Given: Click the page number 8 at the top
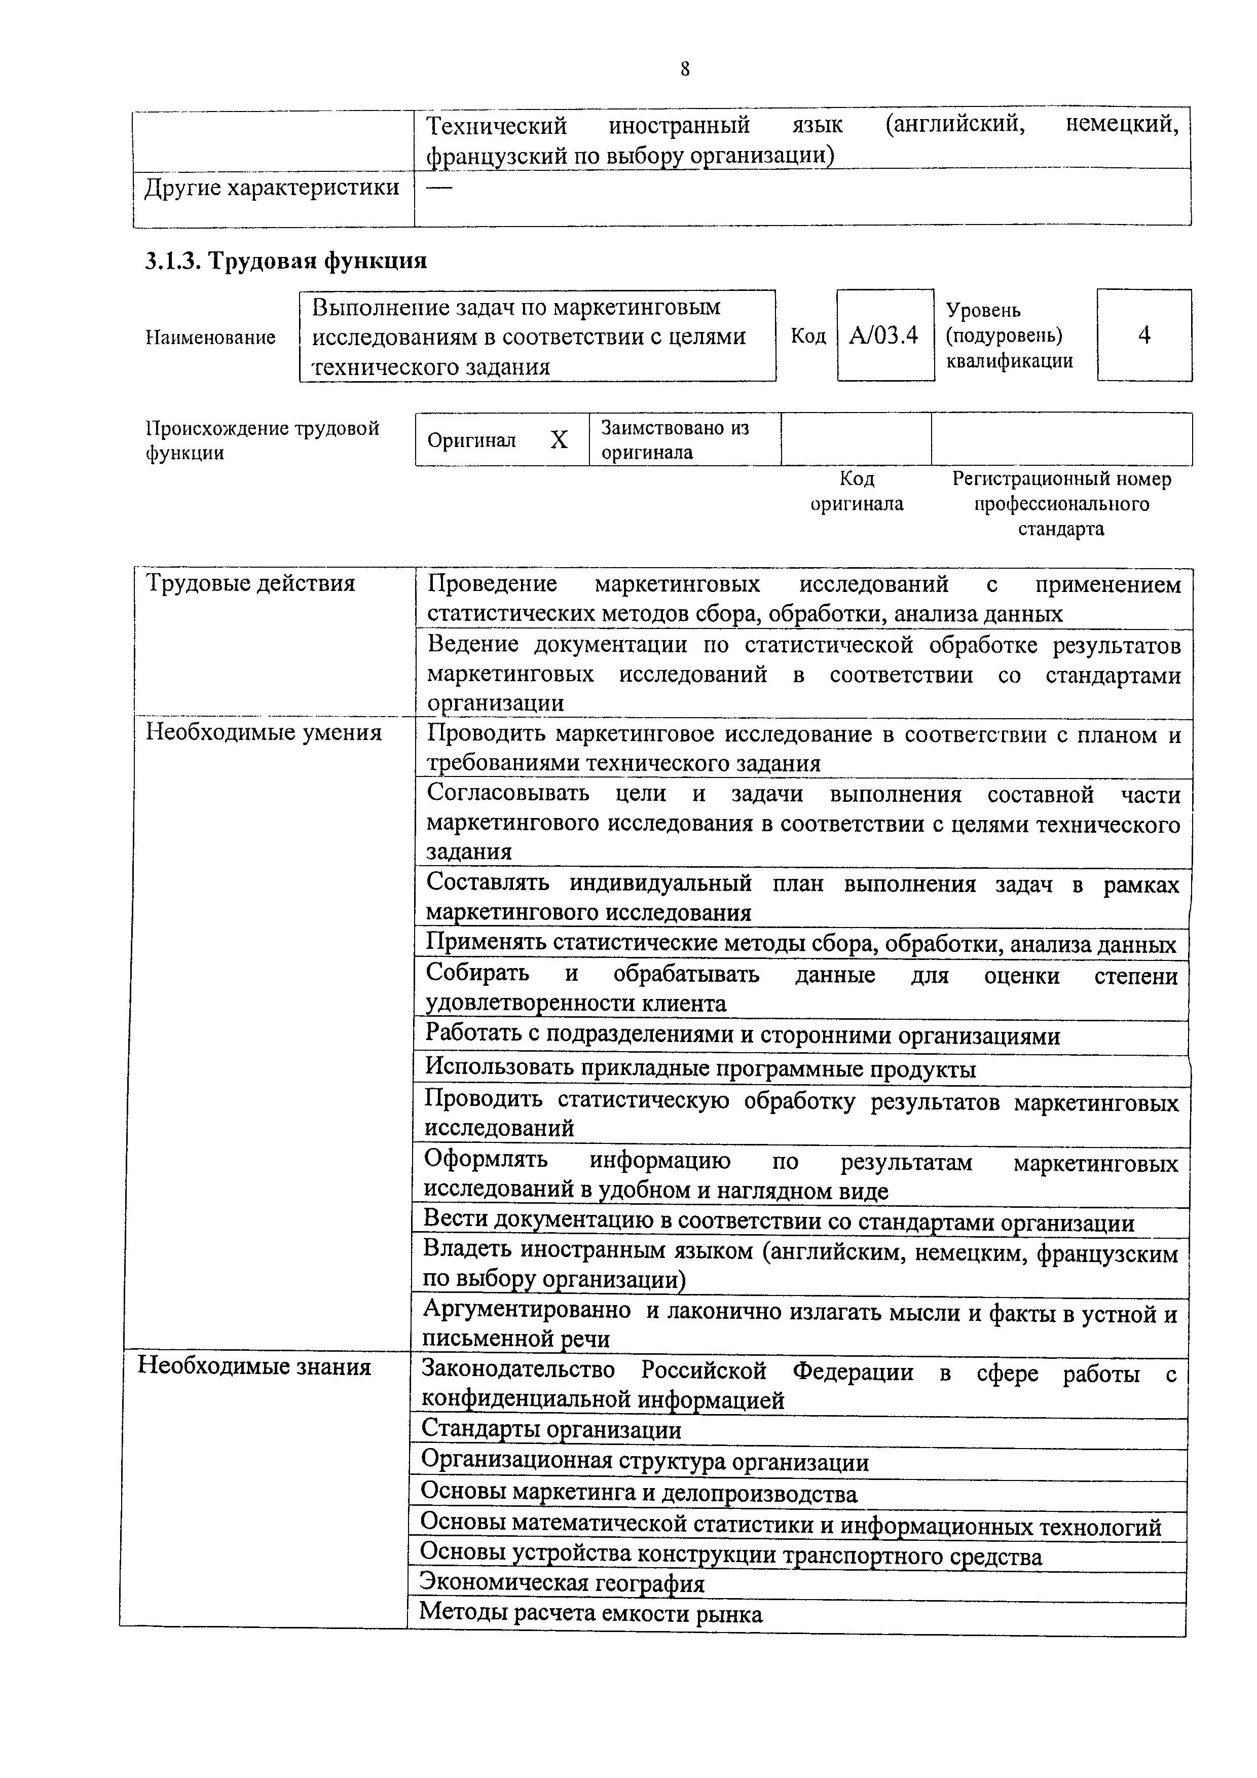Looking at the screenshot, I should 685,69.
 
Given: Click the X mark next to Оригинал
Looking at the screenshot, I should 559,440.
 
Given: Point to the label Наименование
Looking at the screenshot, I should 211,338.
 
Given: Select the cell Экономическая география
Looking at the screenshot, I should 562,1584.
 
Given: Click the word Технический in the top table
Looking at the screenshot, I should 497,126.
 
